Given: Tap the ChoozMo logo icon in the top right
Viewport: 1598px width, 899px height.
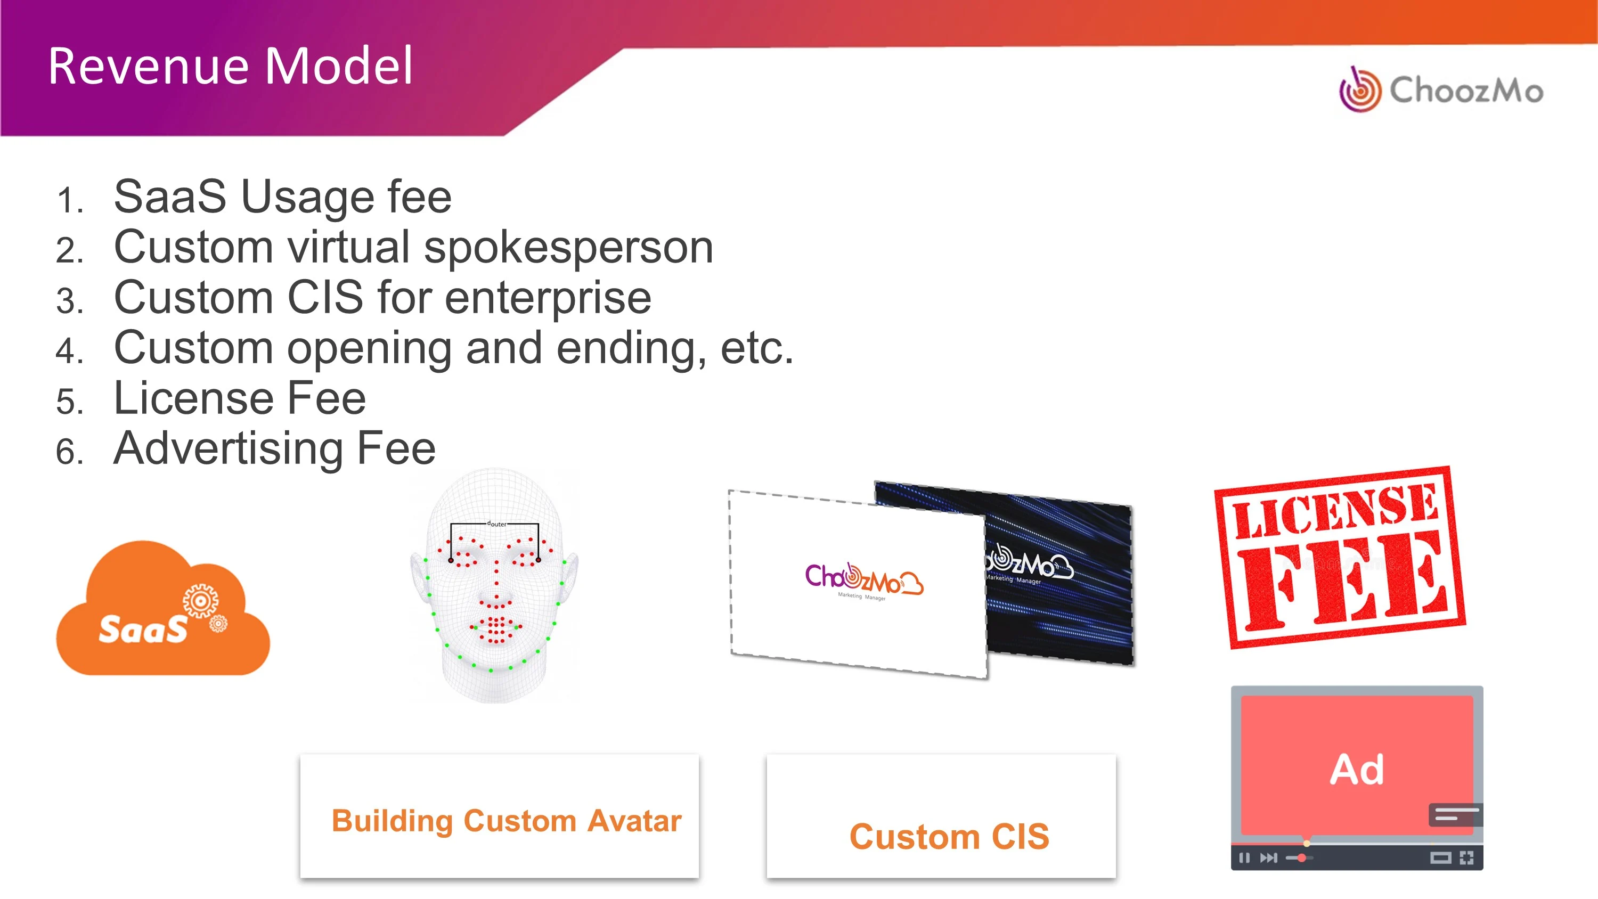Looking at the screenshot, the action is coord(1360,90).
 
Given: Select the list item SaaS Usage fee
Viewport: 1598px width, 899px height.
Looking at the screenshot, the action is coord(283,197).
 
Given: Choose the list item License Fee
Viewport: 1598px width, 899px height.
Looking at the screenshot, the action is coord(240,398).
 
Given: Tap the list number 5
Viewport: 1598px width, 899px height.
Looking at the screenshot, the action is coord(69,402).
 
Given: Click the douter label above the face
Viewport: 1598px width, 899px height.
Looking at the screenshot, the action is coord(497,524).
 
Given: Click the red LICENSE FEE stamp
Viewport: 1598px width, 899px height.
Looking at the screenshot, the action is coord(1340,557).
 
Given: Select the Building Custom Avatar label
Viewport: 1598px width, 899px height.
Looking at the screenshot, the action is coord(506,820).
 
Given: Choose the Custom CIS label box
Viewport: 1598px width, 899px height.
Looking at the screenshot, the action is coord(941,816).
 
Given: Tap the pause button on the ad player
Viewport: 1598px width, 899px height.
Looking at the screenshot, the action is coord(1244,858).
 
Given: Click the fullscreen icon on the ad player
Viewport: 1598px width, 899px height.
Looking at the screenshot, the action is coord(1466,858).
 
